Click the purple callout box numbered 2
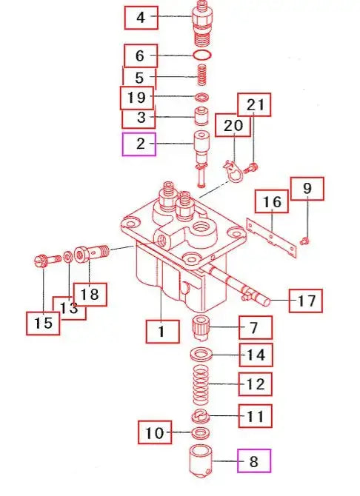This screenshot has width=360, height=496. (x=139, y=144)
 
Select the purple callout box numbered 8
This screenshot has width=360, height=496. (x=254, y=461)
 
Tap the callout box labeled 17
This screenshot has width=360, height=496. (x=305, y=301)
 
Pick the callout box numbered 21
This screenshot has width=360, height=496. (x=254, y=104)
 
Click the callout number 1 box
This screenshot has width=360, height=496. (x=162, y=332)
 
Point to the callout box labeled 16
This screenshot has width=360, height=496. (x=272, y=201)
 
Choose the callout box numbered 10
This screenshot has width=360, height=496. (x=155, y=432)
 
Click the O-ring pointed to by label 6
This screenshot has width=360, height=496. (x=202, y=55)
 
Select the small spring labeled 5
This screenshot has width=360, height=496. (x=202, y=75)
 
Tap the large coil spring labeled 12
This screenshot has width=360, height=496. (x=201, y=384)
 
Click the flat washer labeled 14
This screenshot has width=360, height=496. (x=201, y=355)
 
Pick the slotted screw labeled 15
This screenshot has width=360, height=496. (x=47, y=261)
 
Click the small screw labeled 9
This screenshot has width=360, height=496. (x=305, y=241)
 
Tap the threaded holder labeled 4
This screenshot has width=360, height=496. (x=202, y=24)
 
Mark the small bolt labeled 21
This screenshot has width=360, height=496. (x=251, y=167)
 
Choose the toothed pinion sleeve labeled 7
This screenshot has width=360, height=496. (x=201, y=329)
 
